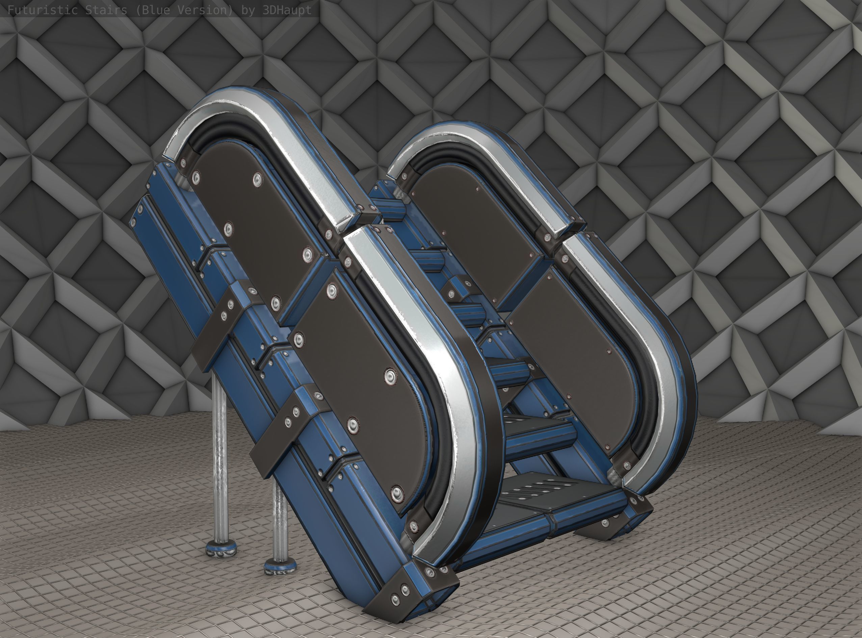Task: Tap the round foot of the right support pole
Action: click(x=281, y=567)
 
